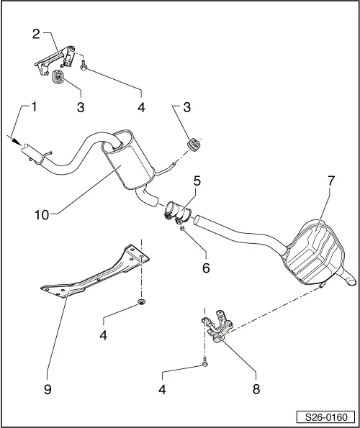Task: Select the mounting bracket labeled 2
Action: [55, 60]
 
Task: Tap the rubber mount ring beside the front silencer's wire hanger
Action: [192, 144]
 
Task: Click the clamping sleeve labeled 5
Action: [175, 211]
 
